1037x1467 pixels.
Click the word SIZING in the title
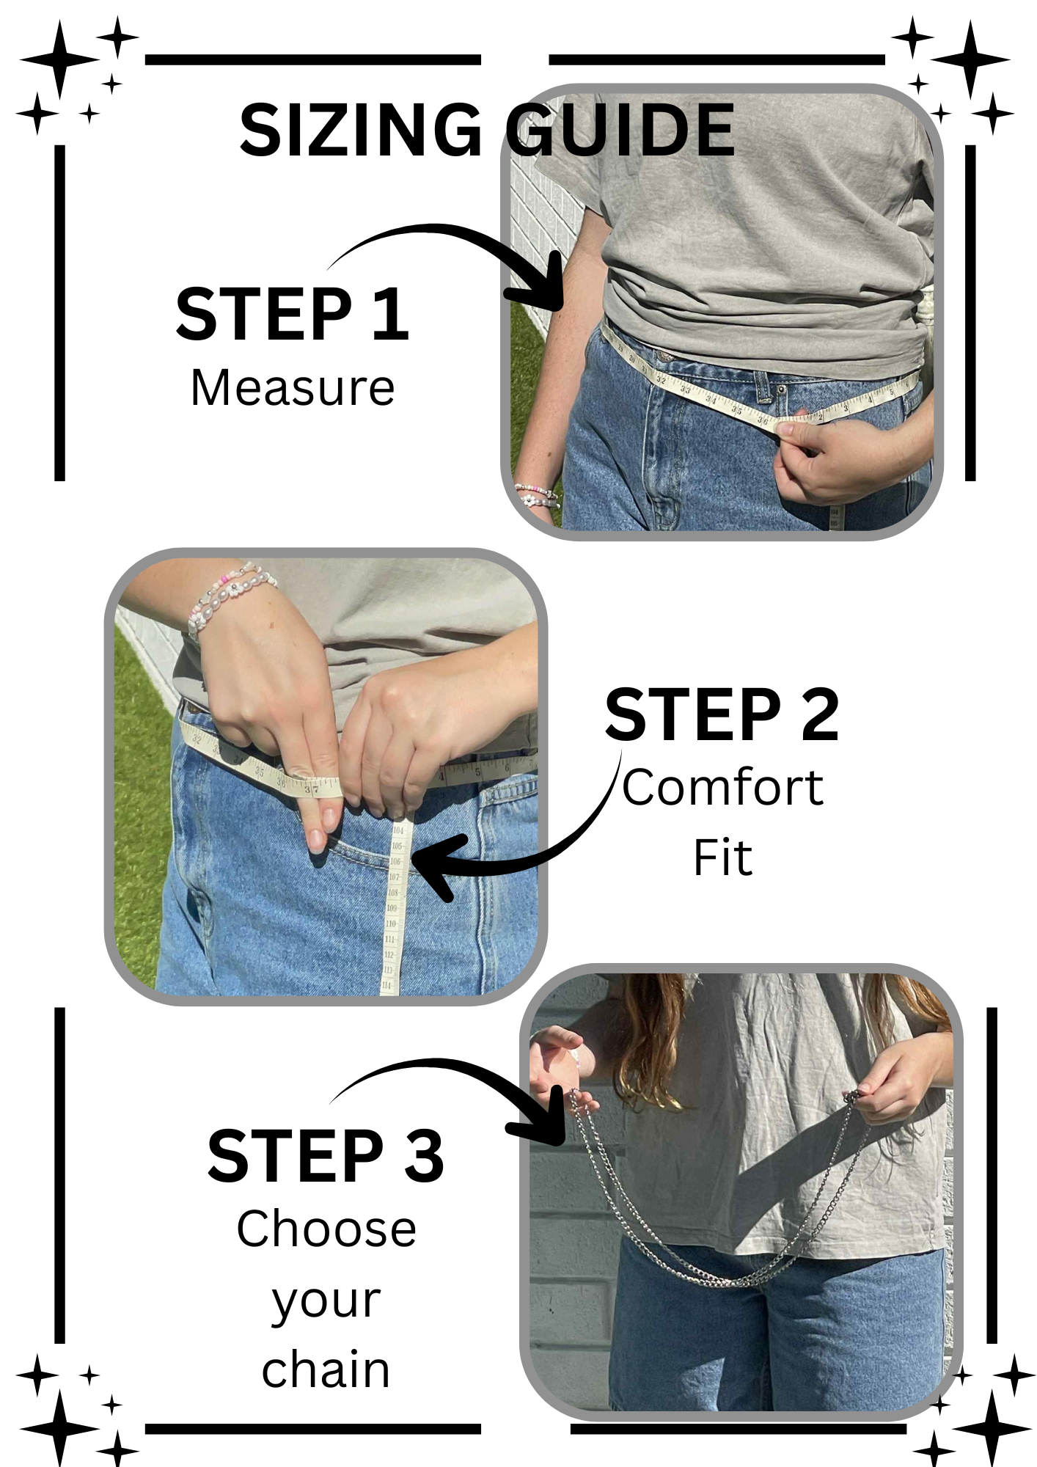361,130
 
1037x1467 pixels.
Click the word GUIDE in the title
620,130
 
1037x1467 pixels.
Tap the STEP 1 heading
293,314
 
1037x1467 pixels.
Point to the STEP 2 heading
722,714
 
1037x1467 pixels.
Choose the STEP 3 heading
326,1156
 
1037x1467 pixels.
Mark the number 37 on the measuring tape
312,789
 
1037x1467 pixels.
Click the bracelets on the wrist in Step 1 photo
536,496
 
